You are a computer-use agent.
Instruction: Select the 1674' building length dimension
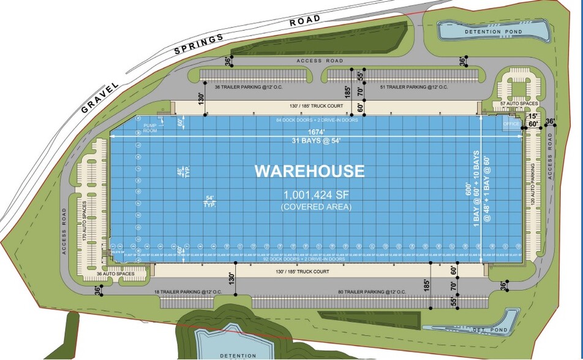[314, 132]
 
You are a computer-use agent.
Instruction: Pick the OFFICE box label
[511, 124]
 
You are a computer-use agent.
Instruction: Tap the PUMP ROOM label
[150, 127]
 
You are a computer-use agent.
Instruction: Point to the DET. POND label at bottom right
[487, 330]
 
